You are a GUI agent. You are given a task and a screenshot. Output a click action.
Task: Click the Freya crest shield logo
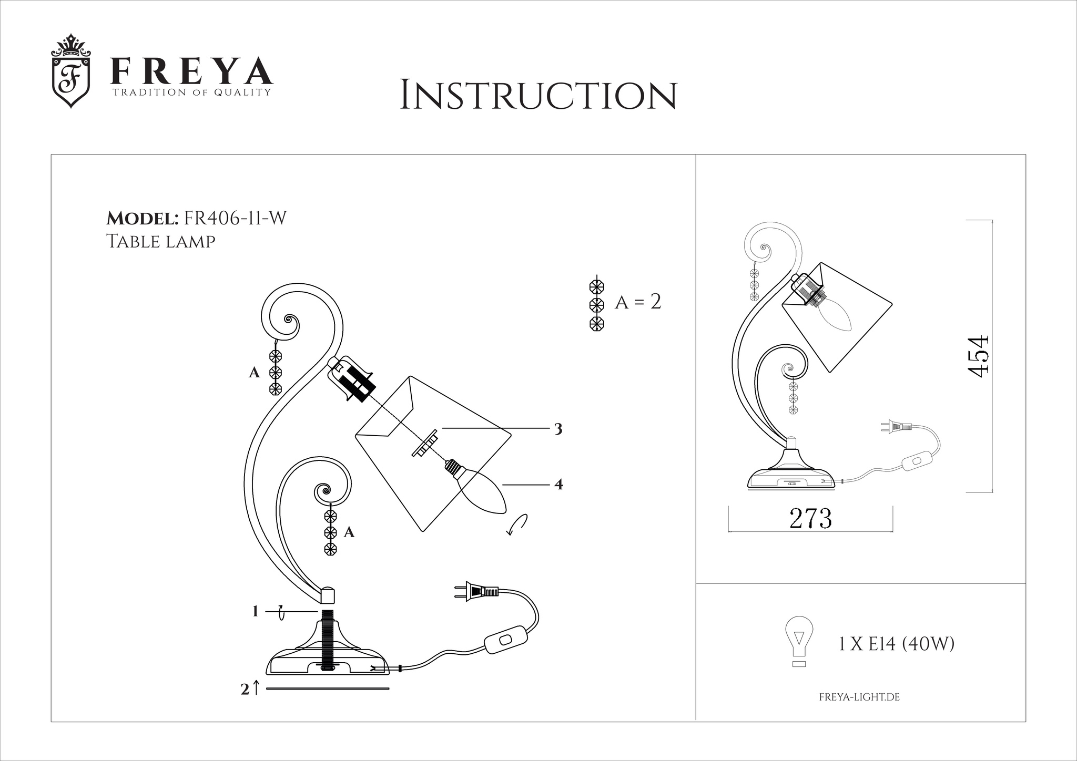click(x=71, y=72)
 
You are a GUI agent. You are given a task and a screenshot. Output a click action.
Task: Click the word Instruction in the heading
click(x=538, y=95)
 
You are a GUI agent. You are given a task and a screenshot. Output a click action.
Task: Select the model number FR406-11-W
click(x=233, y=218)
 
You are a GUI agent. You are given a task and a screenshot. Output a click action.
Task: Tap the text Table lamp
click(x=161, y=241)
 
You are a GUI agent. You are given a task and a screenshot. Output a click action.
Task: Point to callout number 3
click(x=558, y=429)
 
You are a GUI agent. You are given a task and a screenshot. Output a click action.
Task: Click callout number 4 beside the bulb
click(x=558, y=485)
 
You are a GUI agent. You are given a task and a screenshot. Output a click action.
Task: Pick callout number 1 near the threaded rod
click(x=255, y=611)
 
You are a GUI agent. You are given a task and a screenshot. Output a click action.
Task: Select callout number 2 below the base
click(x=245, y=690)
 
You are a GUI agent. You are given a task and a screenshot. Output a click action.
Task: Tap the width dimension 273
click(x=810, y=519)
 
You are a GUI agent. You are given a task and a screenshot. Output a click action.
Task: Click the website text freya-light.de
click(x=859, y=697)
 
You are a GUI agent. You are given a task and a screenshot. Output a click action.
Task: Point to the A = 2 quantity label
click(x=637, y=302)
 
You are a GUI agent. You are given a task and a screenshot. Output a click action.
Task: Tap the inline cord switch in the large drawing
click(x=505, y=640)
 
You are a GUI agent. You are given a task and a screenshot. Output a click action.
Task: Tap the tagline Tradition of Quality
click(x=191, y=92)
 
